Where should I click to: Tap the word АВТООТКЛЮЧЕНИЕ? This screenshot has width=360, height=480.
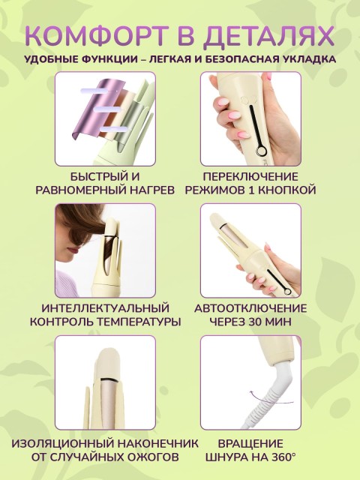(250, 308)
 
